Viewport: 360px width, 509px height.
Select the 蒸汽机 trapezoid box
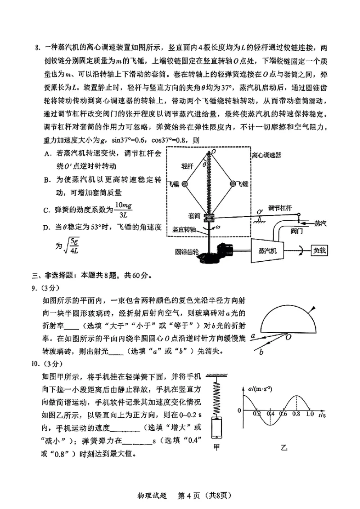[268, 251]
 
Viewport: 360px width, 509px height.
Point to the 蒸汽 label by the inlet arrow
[321, 222]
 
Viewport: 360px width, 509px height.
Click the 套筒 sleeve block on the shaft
[209, 219]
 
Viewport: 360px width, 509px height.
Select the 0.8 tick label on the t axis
[297, 413]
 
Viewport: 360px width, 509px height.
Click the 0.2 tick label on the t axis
[257, 413]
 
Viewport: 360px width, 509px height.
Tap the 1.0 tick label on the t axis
[310, 413]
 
